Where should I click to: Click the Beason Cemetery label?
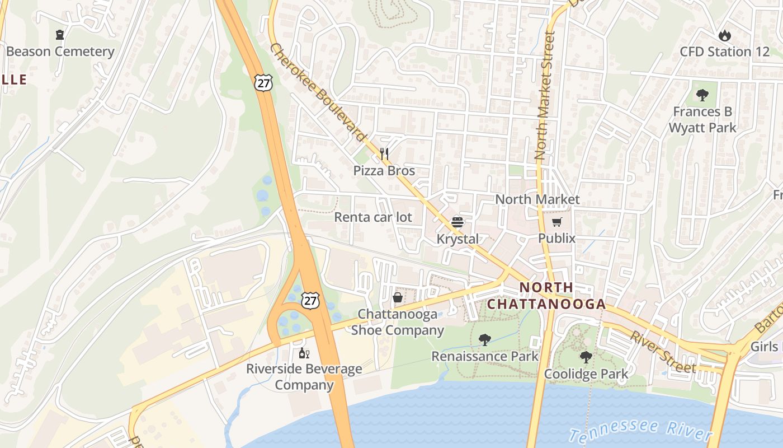point(60,52)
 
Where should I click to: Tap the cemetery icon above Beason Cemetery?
point(60,35)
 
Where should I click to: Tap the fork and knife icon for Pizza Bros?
point(384,153)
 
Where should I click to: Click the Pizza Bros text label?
point(384,171)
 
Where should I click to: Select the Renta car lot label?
point(373,217)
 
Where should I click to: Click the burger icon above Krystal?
point(457,222)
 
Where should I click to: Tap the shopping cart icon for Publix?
point(556,222)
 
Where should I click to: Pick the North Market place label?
point(537,199)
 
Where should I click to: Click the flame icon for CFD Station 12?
point(725,35)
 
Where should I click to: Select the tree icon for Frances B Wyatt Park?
point(702,95)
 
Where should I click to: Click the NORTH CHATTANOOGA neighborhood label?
point(546,296)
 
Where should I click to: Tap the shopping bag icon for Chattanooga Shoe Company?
point(398,297)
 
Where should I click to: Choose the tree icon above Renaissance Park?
point(485,339)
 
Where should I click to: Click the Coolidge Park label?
point(586,374)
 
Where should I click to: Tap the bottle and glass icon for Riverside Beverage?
point(304,353)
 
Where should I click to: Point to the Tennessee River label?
point(640,430)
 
